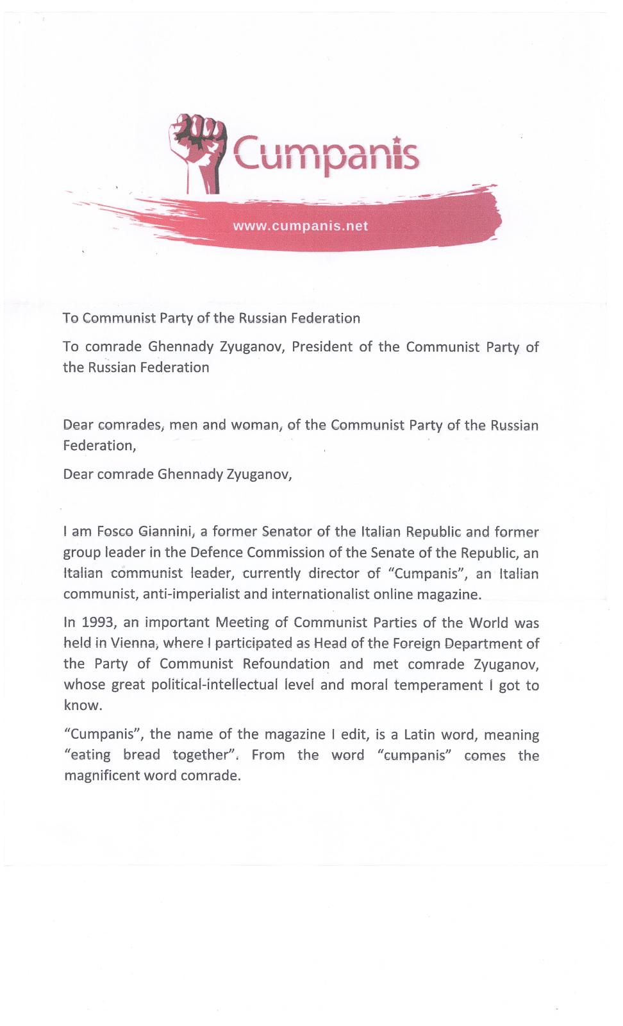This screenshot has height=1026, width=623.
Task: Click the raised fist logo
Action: point(197,149)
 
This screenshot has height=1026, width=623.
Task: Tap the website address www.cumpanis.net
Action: point(300,226)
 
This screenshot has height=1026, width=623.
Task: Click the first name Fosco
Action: point(114,532)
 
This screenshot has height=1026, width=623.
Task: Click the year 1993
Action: point(98,623)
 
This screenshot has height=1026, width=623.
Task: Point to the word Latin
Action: point(420,734)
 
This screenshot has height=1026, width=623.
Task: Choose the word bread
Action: point(142,755)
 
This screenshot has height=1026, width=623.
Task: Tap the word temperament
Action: point(438,685)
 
